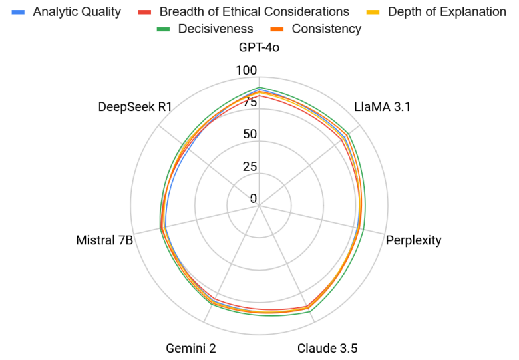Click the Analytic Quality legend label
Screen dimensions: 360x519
click(x=77, y=11)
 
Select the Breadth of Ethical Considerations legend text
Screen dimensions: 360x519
click(x=254, y=11)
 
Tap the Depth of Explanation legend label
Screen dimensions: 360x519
click(x=446, y=11)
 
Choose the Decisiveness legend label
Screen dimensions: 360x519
click(x=216, y=29)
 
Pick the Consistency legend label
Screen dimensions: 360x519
click(x=326, y=29)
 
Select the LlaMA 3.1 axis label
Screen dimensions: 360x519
click(x=383, y=106)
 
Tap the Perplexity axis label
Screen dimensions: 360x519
click(x=413, y=240)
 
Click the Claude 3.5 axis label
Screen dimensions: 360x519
click(x=327, y=348)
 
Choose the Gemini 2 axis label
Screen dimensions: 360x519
click(x=190, y=348)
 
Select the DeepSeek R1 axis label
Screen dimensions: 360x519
click(x=135, y=106)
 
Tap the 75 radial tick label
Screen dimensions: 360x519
click(x=250, y=102)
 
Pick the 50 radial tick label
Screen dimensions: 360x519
click(x=250, y=134)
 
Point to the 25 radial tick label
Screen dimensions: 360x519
click(x=250, y=166)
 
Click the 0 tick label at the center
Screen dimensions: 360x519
click(x=253, y=198)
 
